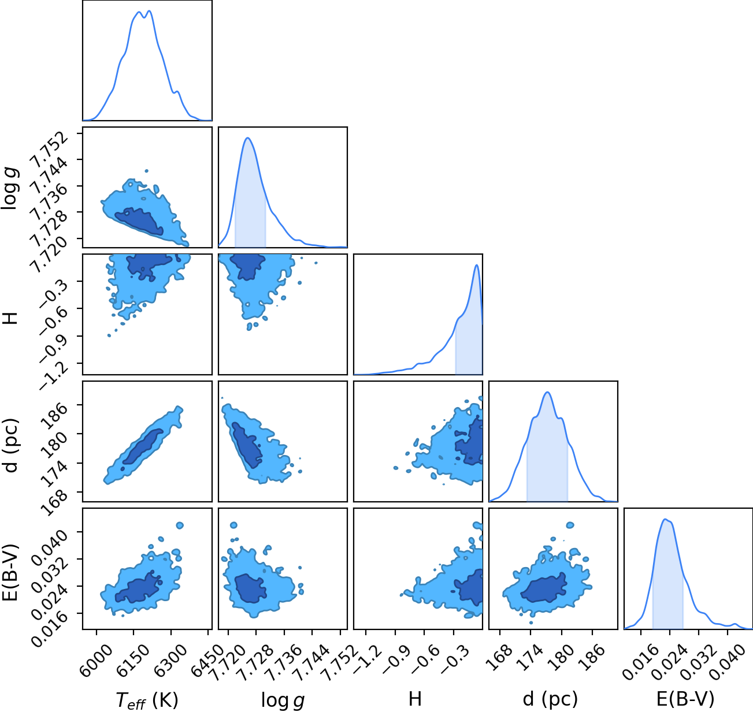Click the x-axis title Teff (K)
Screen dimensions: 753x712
[147, 700]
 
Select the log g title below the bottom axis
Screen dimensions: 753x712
[283, 700]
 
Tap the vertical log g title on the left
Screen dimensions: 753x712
[10, 188]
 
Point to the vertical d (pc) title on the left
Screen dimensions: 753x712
[11, 446]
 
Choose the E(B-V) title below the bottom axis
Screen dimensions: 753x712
[685, 699]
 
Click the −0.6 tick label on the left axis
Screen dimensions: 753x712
[54, 320]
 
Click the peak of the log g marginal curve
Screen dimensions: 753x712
[248, 137]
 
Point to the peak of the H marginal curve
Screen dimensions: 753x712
[476, 264]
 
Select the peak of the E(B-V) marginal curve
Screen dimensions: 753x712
[665, 519]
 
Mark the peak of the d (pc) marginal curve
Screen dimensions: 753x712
[548, 392]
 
